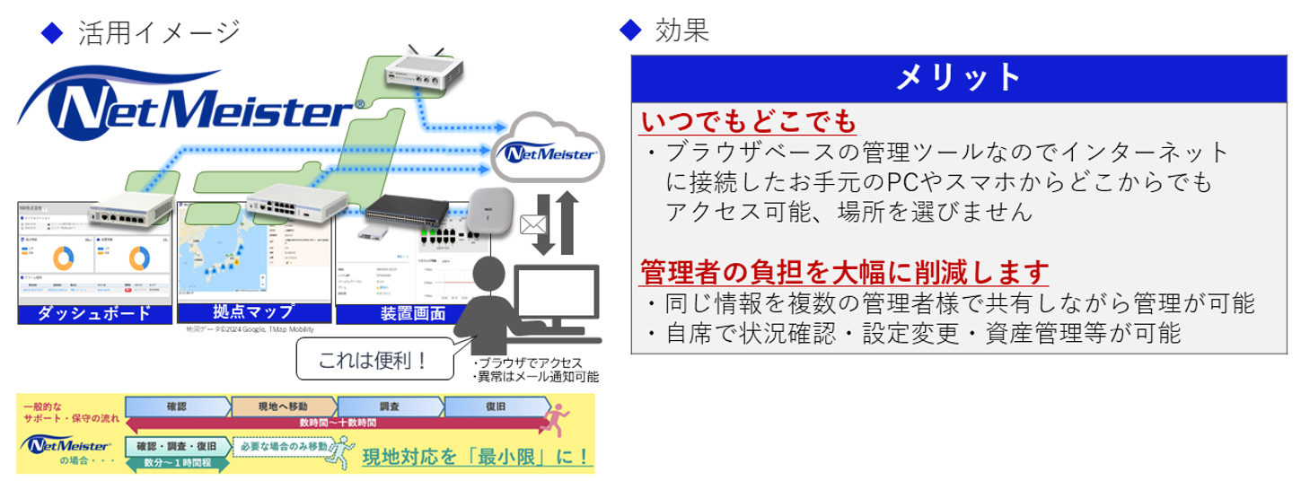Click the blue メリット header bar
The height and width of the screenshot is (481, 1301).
pyautogui.click(x=959, y=78)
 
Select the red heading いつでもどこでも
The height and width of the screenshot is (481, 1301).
pyautogui.click(x=748, y=121)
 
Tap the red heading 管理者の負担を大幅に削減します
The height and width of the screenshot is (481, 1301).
pyautogui.click(x=844, y=270)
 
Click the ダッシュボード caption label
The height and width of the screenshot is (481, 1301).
pyautogui.click(x=94, y=314)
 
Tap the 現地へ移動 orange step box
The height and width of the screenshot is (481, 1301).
pyautogui.click(x=285, y=407)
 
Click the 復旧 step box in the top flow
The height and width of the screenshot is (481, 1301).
pyautogui.click(x=496, y=407)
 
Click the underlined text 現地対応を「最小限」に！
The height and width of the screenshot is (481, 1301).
pyautogui.click(x=477, y=456)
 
